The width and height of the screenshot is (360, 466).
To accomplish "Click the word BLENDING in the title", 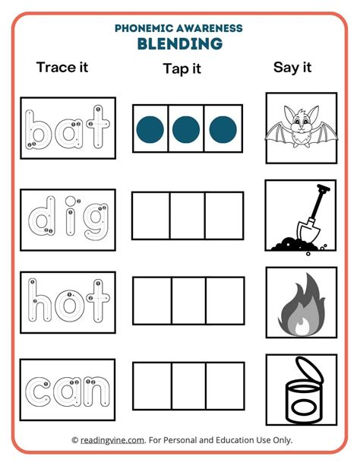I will click(180, 43).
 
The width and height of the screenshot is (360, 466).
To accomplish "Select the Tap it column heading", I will click(182, 69).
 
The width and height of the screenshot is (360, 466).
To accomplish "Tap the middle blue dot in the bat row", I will click(187, 129).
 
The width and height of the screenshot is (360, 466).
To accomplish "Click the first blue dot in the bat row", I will click(150, 129).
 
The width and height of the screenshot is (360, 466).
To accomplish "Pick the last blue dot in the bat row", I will click(224, 129).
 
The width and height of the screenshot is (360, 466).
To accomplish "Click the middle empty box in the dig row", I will click(187, 217).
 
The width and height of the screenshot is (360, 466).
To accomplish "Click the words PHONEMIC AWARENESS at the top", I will click(179, 27).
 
